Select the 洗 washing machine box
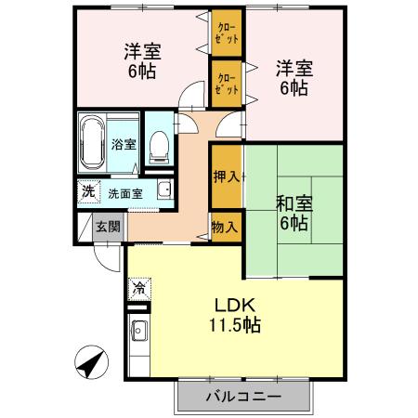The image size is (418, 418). tap(87, 192)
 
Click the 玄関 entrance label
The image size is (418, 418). tap(108, 226)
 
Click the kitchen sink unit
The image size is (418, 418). tap(137, 330)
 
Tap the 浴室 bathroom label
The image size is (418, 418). tap(123, 144)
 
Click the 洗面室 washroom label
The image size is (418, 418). tap(124, 194)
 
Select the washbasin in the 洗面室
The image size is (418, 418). tap(163, 191)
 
